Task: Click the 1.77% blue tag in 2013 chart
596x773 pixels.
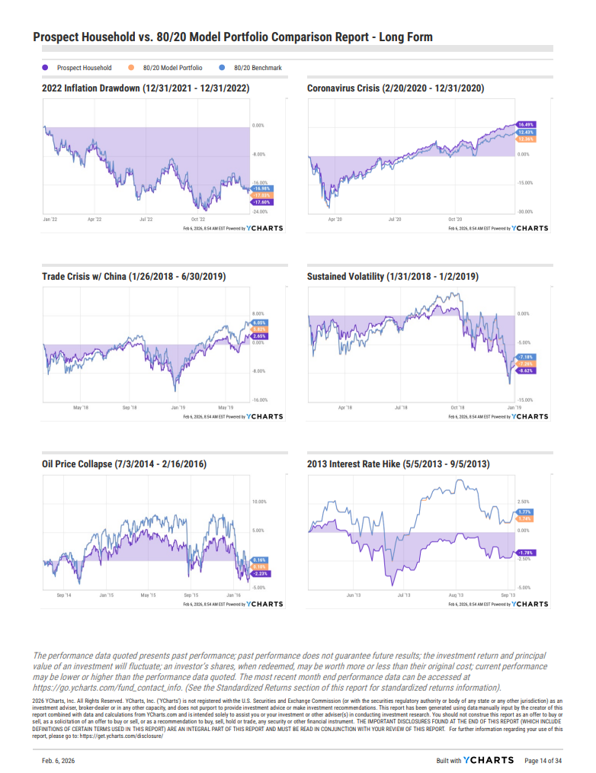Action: pos(524,512)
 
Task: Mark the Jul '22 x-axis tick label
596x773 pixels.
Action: pos(145,219)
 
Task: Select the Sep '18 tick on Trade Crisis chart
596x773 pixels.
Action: pos(130,408)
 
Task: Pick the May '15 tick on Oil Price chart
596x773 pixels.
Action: pos(148,595)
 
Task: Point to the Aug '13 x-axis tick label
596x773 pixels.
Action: pos(456,595)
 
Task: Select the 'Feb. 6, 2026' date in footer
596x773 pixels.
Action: pos(59,760)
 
